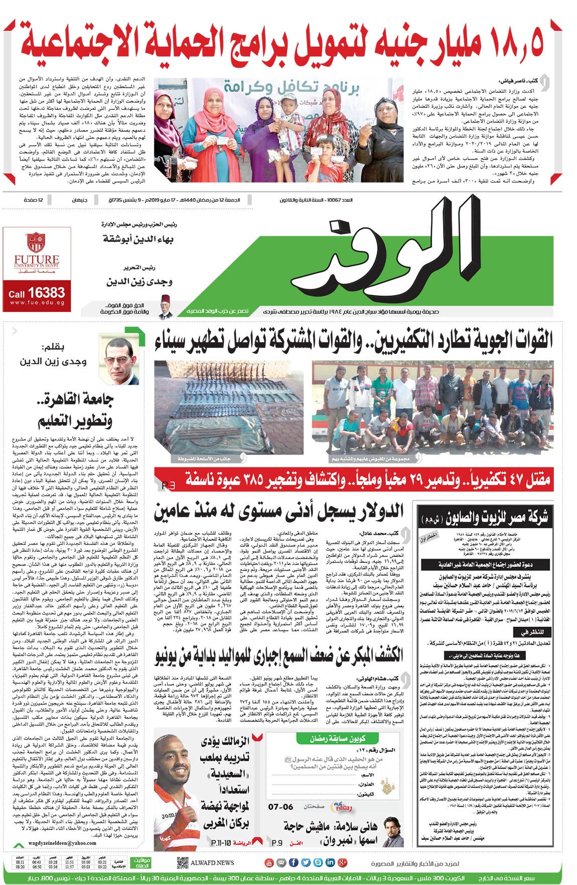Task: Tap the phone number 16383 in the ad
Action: point(46,293)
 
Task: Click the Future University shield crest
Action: point(36,242)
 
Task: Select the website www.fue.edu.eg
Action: point(37,303)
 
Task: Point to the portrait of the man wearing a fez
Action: point(165,307)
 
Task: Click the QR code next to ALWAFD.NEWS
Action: point(183,863)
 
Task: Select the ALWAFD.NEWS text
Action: point(212,863)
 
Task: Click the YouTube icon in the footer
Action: point(268,862)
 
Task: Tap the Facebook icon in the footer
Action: point(294,862)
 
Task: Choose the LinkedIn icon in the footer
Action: point(330,862)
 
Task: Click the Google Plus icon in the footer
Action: point(343,862)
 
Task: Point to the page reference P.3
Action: point(169,485)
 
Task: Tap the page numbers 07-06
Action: point(280,807)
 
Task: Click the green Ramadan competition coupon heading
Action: point(337,739)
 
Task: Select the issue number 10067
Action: point(334,200)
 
